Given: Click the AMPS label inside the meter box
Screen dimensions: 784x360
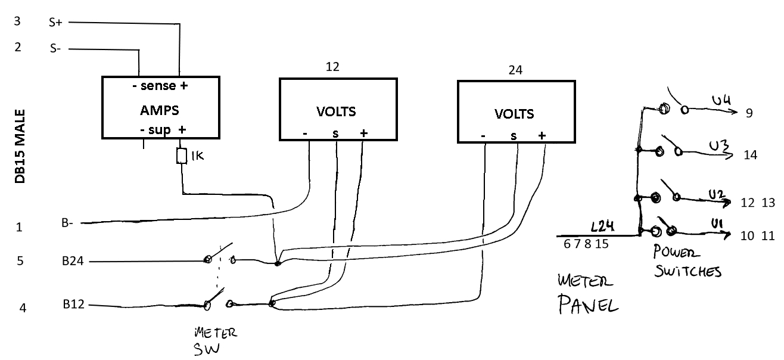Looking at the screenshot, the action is coord(159,110).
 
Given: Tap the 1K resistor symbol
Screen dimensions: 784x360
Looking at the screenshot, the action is coord(181,156).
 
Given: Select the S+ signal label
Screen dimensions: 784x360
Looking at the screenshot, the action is coord(55,23).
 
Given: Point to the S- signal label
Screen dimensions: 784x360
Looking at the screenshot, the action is coord(55,48).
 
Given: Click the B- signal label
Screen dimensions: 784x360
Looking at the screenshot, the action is coord(67,223).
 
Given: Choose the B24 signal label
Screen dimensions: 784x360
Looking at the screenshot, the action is coord(73,261).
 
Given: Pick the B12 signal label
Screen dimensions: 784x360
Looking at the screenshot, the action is coord(73,304).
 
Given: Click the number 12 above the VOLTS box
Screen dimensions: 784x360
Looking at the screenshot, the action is coord(332,67).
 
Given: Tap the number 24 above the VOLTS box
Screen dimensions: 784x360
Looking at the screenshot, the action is coord(515,70).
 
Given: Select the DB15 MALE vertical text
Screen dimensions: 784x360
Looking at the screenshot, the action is coord(20,147).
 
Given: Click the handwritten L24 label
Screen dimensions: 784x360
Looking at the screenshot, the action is coord(602,226).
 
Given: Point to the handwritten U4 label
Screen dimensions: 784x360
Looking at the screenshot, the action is coord(721,100).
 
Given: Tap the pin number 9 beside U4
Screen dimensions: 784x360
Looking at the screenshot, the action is coord(749,113).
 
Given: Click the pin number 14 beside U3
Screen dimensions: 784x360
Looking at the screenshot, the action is coord(751,155).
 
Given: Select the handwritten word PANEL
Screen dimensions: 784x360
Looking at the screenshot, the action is coord(588,304).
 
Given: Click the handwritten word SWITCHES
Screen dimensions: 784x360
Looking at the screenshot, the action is coord(687,271).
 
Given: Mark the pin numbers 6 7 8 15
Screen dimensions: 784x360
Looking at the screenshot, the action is coord(586,244).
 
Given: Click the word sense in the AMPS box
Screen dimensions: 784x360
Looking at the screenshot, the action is coord(158,85).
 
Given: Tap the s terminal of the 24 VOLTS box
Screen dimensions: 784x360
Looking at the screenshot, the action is coord(514,136).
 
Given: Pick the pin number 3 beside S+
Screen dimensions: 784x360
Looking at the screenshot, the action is coord(17,21).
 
